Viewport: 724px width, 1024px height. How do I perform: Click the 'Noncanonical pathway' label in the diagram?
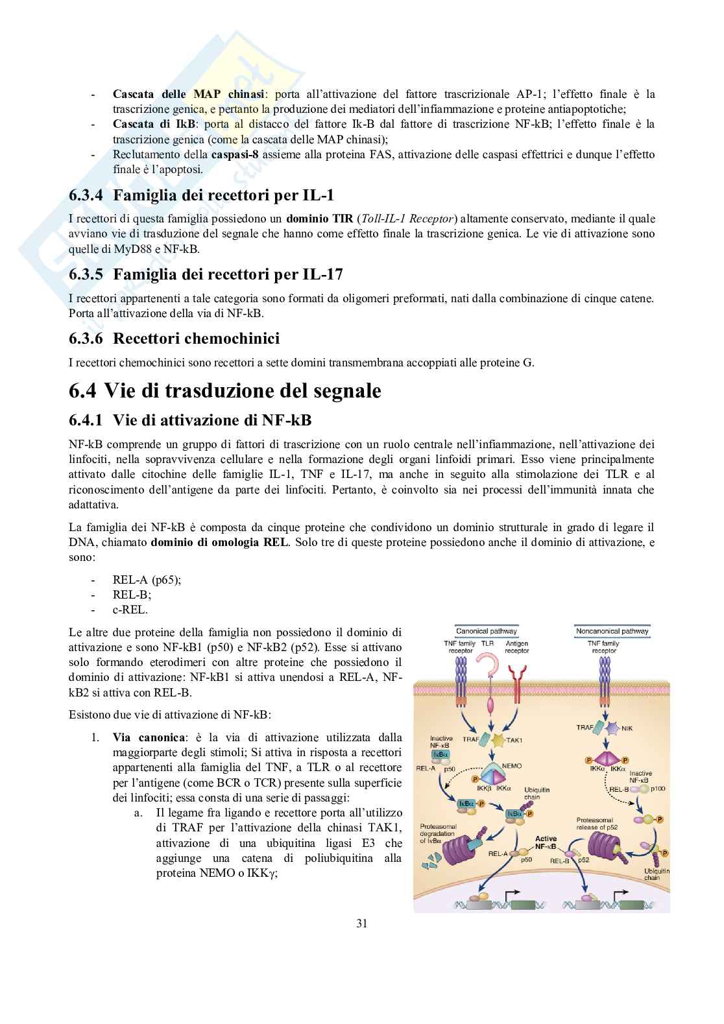coord(612,630)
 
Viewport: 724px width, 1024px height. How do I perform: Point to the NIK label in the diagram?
coord(627,728)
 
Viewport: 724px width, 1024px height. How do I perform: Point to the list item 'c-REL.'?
coord(130,610)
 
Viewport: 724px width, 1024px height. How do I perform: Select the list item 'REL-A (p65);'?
coord(147,580)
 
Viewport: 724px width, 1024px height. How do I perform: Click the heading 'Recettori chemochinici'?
coord(196,339)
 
